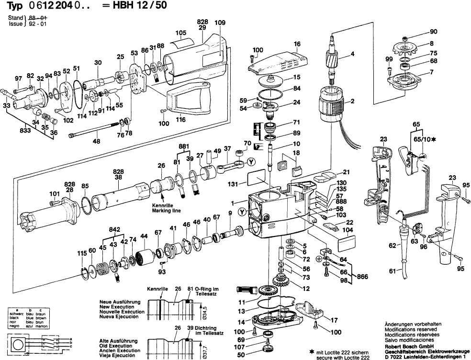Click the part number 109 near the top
[220, 22]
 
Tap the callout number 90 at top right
[434, 32]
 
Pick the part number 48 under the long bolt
[96, 141]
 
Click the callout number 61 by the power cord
[392, 271]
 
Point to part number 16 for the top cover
[297, 44]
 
